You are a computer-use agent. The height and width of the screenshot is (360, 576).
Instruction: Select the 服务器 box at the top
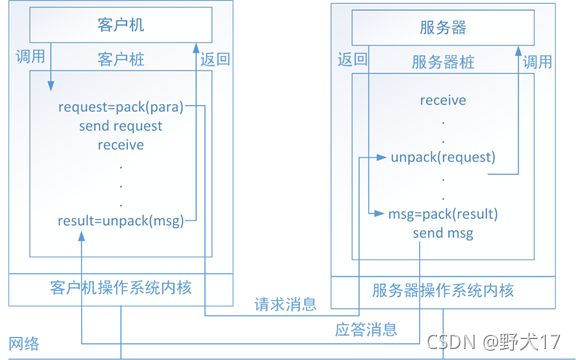click(x=442, y=27)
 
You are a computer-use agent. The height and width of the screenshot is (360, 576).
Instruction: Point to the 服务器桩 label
click(x=442, y=61)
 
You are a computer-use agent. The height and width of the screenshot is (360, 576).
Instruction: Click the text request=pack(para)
click(x=121, y=107)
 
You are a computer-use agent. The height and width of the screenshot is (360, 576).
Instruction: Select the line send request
click(x=121, y=126)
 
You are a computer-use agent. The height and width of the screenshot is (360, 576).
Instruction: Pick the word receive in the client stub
click(x=121, y=145)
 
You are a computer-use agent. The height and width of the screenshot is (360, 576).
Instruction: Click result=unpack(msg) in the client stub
click(x=121, y=221)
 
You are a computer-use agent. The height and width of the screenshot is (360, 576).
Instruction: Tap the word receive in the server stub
click(x=442, y=100)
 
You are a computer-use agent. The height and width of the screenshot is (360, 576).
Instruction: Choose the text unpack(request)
click(x=442, y=157)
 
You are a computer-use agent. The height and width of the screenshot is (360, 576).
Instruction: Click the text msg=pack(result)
click(x=442, y=214)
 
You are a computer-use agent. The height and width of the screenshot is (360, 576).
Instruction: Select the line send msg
click(x=442, y=233)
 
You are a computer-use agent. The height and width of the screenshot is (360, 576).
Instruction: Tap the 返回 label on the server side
click(x=353, y=59)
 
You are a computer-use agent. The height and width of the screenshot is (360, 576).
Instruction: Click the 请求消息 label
click(x=285, y=304)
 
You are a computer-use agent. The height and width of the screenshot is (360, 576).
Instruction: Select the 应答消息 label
click(x=365, y=329)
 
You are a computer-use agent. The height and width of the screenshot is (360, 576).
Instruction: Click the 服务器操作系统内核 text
click(x=442, y=291)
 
